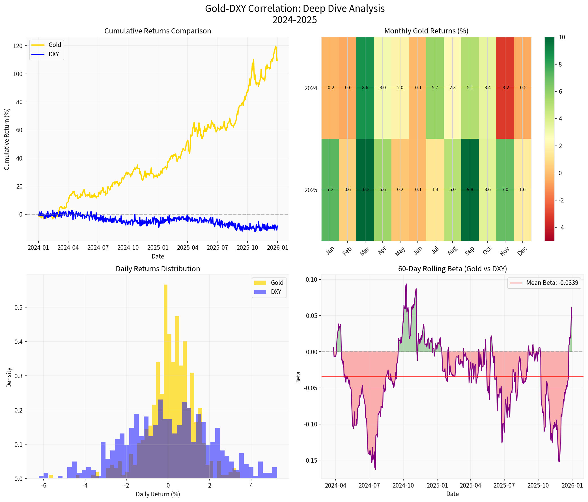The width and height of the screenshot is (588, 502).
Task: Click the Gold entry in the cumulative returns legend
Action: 55,45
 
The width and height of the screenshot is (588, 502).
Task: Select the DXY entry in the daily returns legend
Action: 276,292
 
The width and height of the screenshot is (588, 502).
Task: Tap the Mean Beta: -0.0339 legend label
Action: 552,283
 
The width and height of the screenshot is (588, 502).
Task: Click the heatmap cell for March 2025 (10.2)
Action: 365,190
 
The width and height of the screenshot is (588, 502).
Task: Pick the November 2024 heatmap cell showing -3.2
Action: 505,88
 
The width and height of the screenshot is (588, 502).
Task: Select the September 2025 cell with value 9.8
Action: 470,190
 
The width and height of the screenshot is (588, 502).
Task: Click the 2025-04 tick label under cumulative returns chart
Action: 188,248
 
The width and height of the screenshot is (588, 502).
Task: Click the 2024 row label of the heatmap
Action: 311,88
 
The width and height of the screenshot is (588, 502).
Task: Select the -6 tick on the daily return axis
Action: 44,486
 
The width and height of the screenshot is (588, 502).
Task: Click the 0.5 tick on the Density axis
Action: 19,308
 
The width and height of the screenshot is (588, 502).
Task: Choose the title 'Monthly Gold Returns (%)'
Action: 426,31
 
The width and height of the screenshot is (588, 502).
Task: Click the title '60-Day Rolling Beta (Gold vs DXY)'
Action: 452,269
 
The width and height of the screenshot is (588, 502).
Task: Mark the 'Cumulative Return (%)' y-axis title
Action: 7,139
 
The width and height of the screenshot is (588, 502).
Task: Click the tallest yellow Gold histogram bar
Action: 166,341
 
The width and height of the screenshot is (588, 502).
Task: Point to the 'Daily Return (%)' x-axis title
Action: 158,494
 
